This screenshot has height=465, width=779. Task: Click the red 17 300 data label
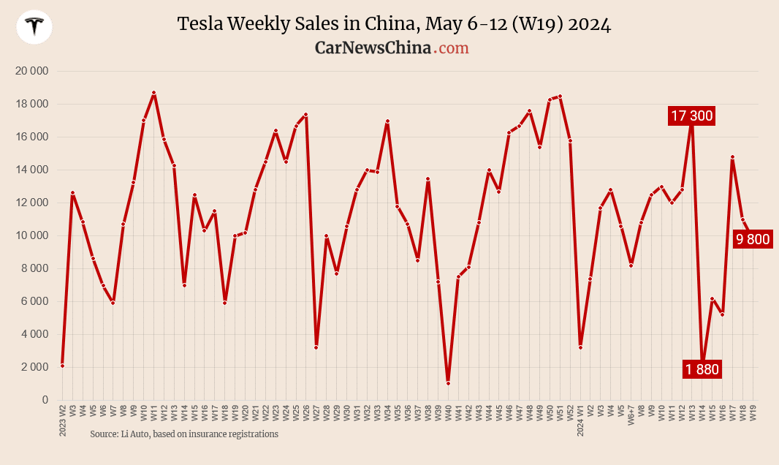691,116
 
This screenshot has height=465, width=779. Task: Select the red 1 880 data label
702,369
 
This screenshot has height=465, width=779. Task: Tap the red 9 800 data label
752,239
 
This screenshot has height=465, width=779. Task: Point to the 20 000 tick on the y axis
31,72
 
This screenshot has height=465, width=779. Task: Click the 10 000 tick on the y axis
31,235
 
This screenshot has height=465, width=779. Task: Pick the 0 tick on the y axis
44,400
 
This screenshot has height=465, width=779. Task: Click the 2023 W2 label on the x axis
63,420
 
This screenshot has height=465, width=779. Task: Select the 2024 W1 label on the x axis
580,420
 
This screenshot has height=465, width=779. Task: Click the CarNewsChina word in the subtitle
373,48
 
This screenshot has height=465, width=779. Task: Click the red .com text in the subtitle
451,48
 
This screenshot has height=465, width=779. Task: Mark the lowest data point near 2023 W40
448,383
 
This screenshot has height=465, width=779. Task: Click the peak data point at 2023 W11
153,93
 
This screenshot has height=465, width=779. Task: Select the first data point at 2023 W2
63,366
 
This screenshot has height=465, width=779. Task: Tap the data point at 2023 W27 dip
316,347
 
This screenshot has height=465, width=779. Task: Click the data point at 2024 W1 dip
580,347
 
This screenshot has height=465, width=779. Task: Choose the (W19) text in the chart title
538,24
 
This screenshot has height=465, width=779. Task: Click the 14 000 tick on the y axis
31,170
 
